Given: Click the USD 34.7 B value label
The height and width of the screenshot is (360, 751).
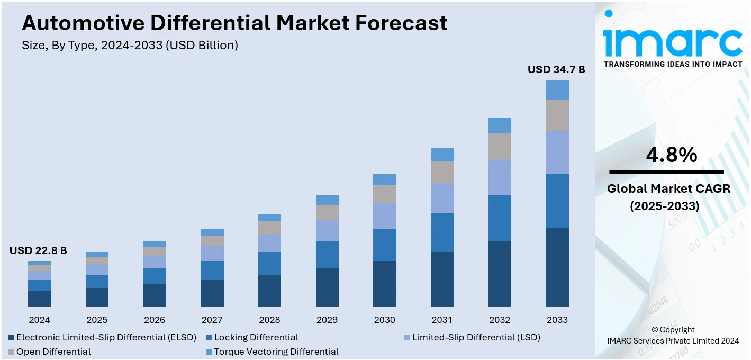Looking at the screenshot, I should click(x=556, y=69).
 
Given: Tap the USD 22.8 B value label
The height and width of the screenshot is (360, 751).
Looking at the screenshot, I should click(x=38, y=250).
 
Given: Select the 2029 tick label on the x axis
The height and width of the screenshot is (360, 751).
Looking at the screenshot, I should click(x=327, y=320).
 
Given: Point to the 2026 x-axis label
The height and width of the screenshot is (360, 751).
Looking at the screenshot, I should click(x=155, y=320).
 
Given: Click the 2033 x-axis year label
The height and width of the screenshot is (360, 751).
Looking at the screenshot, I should click(x=557, y=320).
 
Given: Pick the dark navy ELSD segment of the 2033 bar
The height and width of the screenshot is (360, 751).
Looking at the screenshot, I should click(x=557, y=267).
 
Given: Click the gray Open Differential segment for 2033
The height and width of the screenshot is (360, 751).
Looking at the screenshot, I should click(x=557, y=115).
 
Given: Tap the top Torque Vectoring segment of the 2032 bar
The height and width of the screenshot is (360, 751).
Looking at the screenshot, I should click(x=500, y=125).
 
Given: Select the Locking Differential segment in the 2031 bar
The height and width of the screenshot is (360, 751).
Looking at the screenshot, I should click(x=442, y=232).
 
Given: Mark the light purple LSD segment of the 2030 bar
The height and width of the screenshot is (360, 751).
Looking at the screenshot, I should click(x=385, y=216).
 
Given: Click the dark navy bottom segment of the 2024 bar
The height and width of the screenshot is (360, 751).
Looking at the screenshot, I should click(x=40, y=299).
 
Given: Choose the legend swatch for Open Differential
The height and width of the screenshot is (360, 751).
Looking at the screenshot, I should click(x=11, y=352).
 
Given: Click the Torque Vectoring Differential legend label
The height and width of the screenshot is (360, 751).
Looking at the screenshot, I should click(x=276, y=352).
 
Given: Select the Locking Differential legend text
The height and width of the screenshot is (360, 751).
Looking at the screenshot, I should click(x=256, y=337).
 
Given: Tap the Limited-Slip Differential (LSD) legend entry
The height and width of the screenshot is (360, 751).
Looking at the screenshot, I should click(x=476, y=337).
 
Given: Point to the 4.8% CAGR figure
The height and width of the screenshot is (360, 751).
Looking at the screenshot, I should click(x=671, y=155).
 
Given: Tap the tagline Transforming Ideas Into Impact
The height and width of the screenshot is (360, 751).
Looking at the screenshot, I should click(x=673, y=64).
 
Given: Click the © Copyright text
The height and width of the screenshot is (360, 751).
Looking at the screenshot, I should click(x=673, y=330).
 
